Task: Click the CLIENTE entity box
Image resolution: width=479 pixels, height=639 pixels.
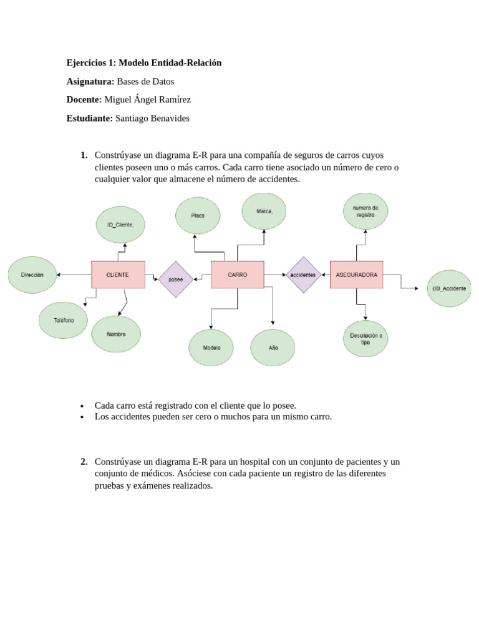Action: click(x=118, y=275)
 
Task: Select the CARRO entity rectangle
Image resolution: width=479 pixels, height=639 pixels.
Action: click(x=238, y=275)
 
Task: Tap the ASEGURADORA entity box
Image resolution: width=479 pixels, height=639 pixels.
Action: click(x=356, y=275)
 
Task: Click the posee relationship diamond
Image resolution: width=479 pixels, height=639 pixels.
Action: click(x=175, y=280)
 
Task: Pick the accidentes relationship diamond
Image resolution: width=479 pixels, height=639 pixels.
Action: click(x=303, y=275)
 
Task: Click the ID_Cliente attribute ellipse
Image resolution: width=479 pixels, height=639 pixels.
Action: click(x=120, y=225)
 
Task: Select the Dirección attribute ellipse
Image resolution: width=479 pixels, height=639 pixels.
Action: click(x=32, y=275)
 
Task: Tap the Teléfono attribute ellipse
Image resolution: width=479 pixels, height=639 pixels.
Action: click(x=64, y=320)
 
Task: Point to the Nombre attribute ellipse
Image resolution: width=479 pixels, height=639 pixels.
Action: click(x=116, y=334)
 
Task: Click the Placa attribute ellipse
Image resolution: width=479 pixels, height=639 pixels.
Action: click(x=198, y=215)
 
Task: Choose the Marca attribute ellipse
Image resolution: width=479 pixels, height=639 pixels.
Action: click(x=264, y=211)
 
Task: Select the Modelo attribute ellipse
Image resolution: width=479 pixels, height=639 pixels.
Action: click(x=211, y=348)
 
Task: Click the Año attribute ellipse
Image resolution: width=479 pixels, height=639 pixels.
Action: click(x=273, y=348)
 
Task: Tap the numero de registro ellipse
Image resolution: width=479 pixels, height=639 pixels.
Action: click(x=365, y=211)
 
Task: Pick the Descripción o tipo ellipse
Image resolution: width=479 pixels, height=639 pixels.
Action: click(x=365, y=339)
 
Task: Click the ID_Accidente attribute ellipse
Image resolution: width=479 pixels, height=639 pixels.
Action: click(x=449, y=288)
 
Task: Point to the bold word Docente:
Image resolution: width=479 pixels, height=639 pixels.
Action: click(x=84, y=100)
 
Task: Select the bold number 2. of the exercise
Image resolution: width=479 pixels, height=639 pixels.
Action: click(x=84, y=462)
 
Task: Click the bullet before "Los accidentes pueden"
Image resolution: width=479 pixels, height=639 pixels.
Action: click(x=82, y=417)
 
